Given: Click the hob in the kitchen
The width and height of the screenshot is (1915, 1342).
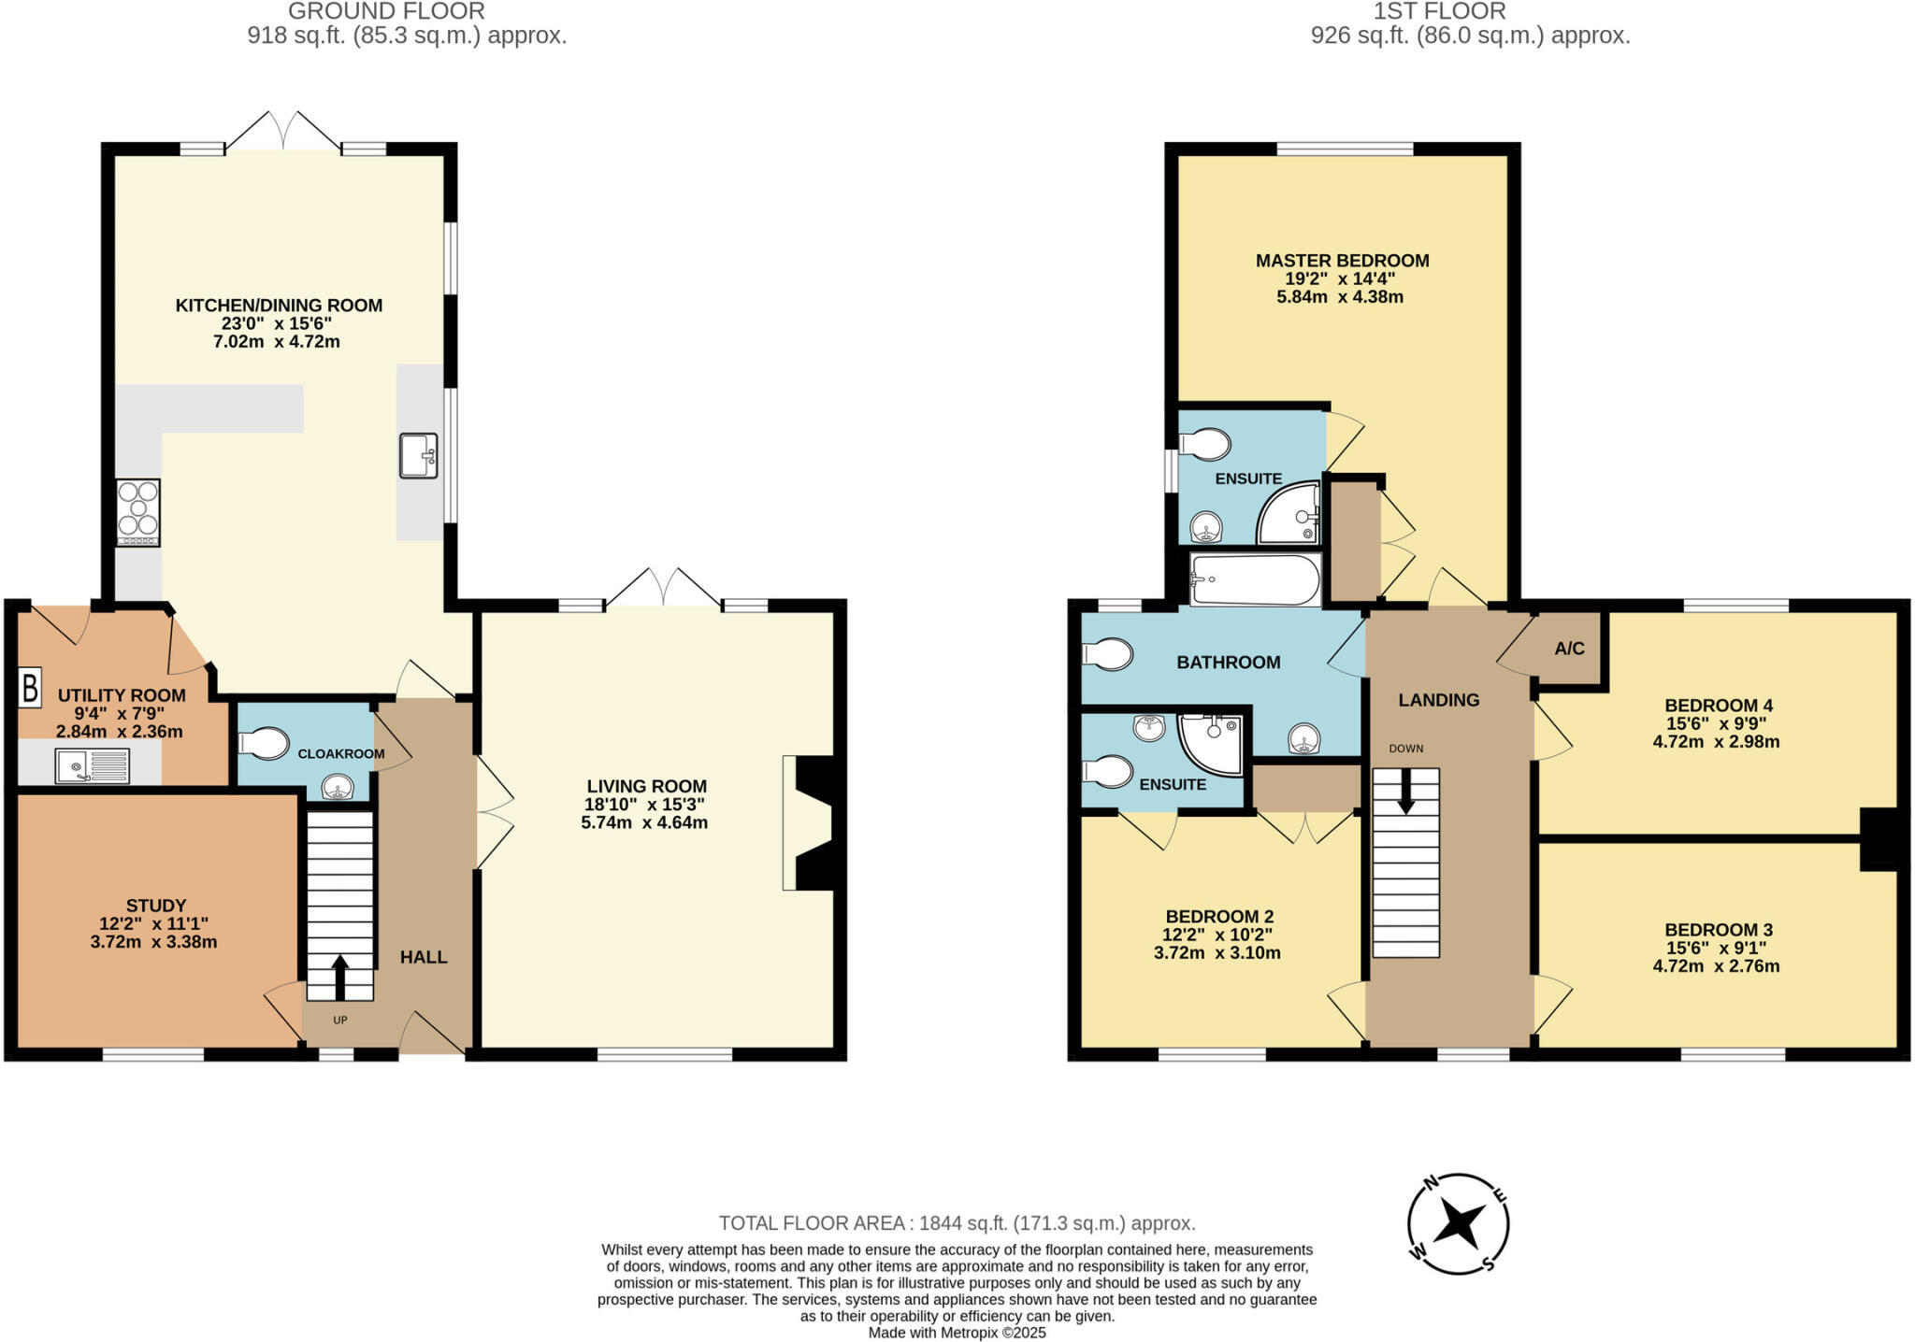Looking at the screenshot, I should point(137,512).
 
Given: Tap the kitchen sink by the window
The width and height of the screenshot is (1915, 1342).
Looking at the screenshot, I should point(418,456).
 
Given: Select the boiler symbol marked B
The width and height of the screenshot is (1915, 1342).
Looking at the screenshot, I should point(30,688).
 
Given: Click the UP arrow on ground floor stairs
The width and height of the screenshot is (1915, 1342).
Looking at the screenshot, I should point(339,977).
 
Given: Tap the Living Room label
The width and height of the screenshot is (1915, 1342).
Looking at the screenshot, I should point(646,786).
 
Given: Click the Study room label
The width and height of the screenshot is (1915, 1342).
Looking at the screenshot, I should point(156,905).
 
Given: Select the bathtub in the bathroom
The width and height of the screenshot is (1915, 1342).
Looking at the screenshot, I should point(1254,579).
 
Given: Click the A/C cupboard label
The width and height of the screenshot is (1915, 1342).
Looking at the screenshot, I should point(1569,649).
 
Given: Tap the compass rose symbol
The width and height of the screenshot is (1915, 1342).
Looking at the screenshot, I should point(1458,1222).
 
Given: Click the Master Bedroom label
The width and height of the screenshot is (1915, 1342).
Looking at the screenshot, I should point(1341,261).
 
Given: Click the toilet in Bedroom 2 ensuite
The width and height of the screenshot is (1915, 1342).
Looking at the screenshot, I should point(1108,772).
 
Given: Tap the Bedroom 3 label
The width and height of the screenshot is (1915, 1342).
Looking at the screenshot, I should point(1718,929).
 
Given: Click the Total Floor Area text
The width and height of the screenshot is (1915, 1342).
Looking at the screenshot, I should point(957,1222).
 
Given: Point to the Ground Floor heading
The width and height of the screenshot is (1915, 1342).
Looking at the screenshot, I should point(386,11).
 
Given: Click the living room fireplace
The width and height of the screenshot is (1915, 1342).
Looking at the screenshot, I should point(810,822).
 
